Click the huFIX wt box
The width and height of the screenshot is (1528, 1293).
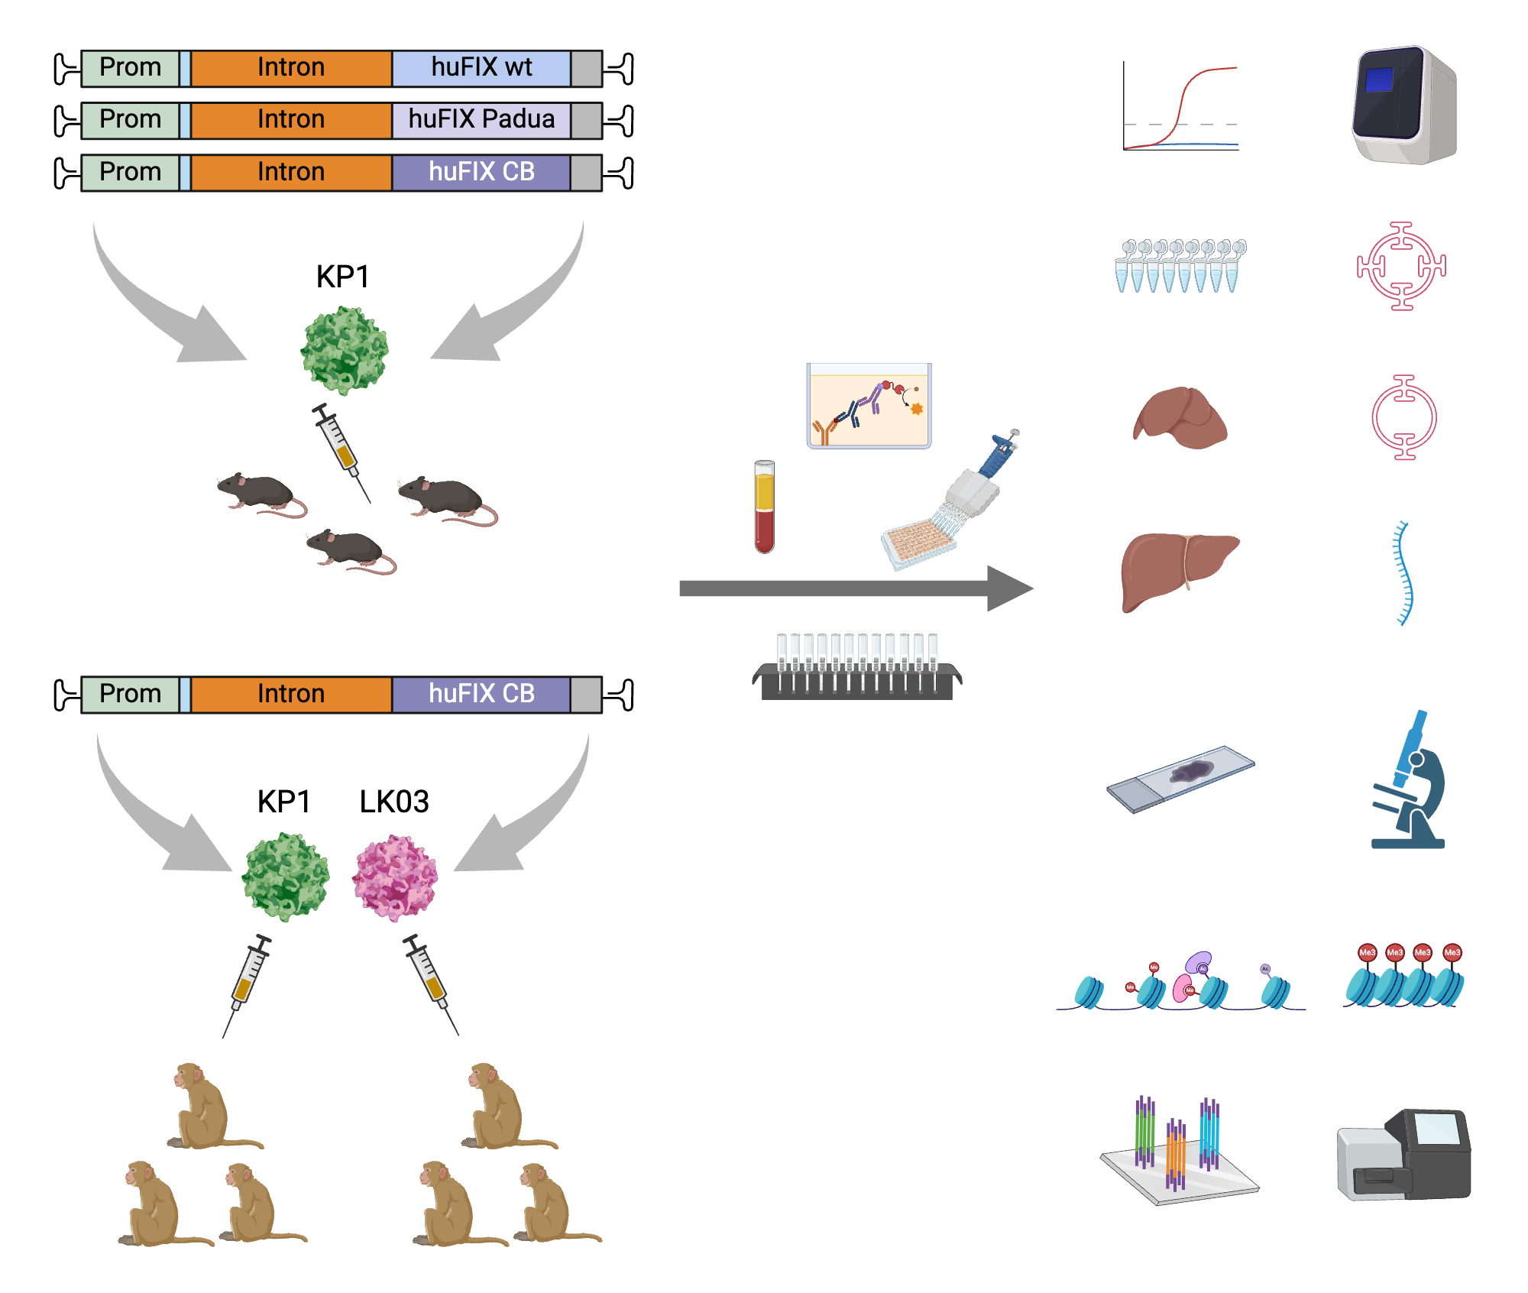pyautogui.click(x=481, y=68)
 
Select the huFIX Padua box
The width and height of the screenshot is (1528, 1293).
pyautogui.click(x=481, y=120)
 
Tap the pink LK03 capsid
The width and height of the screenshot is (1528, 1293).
pyautogui.click(x=395, y=877)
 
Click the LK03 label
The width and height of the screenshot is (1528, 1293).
pyautogui.click(x=394, y=802)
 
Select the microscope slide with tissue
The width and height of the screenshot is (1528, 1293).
pyautogui.click(x=1180, y=779)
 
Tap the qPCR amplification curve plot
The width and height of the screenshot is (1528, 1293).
pyautogui.click(x=1180, y=107)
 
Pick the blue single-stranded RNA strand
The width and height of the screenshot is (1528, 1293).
pyautogui.click(x=1403, y=573)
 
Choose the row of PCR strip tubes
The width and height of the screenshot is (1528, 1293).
pyautogui.click(x=1180, y=266)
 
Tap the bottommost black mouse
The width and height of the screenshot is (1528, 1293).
pyautogui.click(x=351, y=551)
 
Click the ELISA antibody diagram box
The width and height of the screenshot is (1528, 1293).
pyautogui.click(x=869, y=406)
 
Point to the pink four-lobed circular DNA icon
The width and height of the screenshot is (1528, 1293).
pyautogui.click(x=1401, y=266)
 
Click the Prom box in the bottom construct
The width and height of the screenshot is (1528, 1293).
pyautogui.click(x=130, y=694)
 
